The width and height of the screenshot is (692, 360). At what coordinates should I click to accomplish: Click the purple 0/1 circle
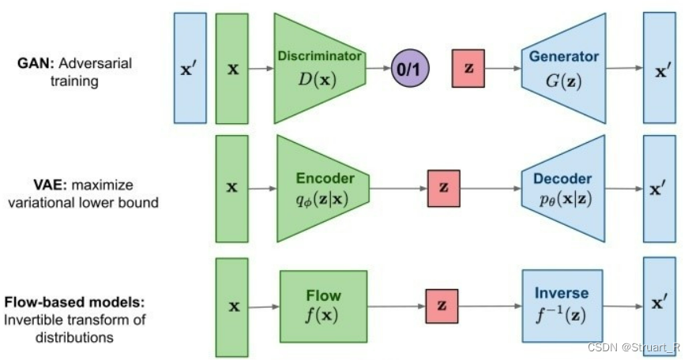pyautogui.click(x=410, y=69)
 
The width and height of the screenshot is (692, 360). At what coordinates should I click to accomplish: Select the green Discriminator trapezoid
pyautogui.click(x=319, y=69)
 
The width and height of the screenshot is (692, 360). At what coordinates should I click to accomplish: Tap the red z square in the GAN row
pyautogui.click(x=468, y=69)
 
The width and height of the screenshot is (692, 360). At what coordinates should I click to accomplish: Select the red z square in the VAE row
pyautogui.click(x=443, y=188)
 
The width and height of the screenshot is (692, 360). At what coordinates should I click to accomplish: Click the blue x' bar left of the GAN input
pyautogui.click(x=190, y=68)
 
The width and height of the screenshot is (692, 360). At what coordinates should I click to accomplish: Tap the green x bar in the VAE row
pyautogui.click(x=232, y=188)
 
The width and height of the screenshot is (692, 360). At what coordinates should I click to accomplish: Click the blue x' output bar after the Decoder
pyautogui.click(x=660, y=188)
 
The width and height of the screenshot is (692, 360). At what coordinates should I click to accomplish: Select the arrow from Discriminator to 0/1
pyautogui.click(x=378, y=69)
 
